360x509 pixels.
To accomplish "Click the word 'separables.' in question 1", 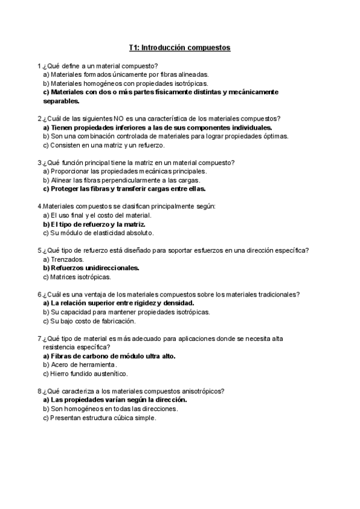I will point(62,101).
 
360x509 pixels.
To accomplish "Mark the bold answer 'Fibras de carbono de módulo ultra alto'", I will point(109,356).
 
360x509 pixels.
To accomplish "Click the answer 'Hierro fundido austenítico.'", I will point(85,373).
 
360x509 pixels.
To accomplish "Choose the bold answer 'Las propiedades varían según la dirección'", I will point(115,400).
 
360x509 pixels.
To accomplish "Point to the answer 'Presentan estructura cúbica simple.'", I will point(100,418).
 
